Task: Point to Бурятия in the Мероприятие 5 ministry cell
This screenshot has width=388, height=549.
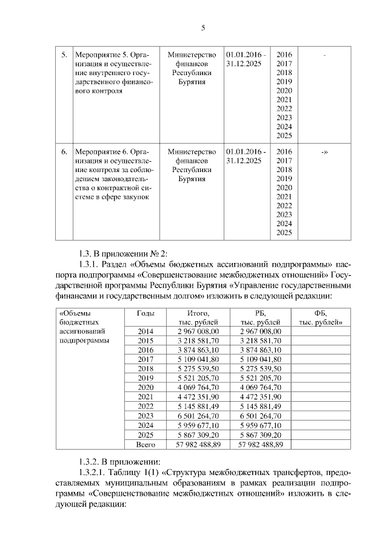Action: [192, 82]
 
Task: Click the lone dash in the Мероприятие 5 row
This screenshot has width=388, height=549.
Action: [325, 56]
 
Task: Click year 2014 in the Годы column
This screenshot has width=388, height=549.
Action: [145, 331]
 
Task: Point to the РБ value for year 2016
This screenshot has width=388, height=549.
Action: [260, 350]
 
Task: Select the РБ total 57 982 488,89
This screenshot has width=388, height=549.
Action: [260, 444]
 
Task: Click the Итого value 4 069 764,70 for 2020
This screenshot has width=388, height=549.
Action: [198, 387]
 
